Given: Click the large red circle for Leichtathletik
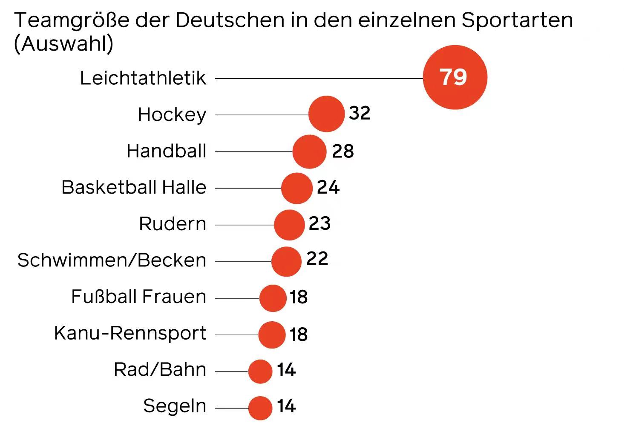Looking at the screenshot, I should tap(455, 77).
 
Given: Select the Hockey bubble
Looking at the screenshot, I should tap(326, 114).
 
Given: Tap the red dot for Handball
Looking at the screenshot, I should tap(309, 151).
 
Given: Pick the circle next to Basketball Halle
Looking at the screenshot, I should tap(296, 188).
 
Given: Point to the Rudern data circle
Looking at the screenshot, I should tap(289, 225).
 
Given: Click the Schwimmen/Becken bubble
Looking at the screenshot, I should tap(286, 261).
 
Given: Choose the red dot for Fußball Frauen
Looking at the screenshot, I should tap(273, 298).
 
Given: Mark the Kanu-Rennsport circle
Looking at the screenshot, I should tap(272, 335).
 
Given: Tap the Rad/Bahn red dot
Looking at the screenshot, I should tap(260, 371).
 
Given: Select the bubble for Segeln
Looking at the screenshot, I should tap(260, 408).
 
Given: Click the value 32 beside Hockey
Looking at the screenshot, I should tap(360, 113).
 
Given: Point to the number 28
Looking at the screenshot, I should tap(343, 151).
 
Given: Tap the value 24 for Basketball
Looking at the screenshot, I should tap(328, 187).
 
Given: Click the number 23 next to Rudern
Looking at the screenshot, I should tap(319, 223).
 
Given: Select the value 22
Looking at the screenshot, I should tap(317, 259).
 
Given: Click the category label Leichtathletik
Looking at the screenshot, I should tap(143, 78).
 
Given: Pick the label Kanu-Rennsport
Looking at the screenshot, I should tap(130, 333).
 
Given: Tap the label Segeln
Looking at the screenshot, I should tap(175, 406).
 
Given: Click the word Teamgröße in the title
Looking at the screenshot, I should tap(72, 20).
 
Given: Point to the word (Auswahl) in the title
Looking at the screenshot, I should tap(64, 44).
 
